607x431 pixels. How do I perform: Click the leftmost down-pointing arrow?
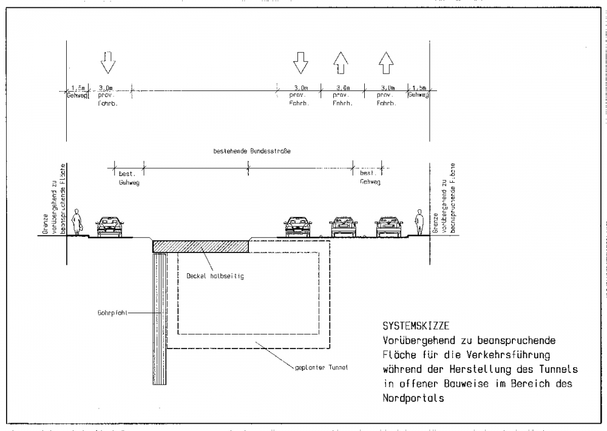click(107, 61)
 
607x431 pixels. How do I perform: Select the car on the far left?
click(110, 226)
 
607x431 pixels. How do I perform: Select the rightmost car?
click(389, 226)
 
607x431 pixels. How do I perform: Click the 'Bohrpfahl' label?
click(111, 313)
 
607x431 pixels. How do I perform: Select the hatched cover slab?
click(200, 246)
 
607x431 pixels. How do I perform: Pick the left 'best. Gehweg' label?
click(129, 178)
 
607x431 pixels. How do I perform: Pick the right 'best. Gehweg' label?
click(368, 177)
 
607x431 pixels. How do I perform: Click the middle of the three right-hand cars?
click(343, 226)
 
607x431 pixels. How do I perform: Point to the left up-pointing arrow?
click(341, 61)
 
